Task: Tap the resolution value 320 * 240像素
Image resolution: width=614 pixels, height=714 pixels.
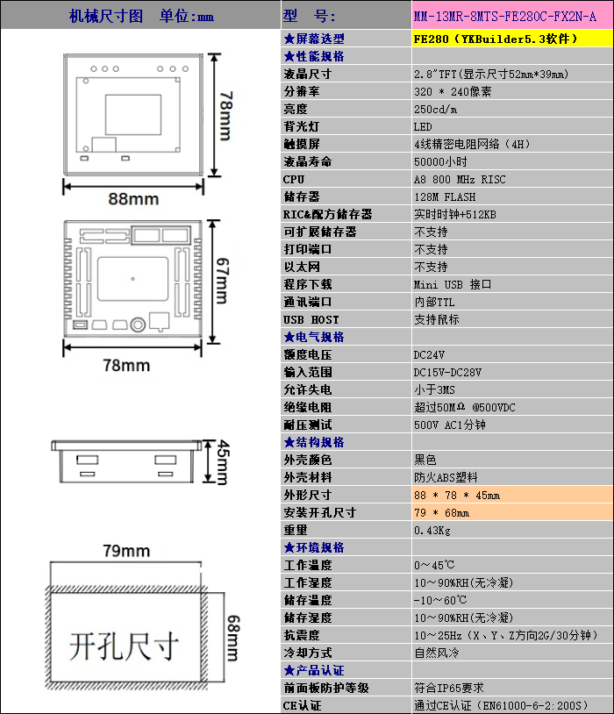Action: click(x=453, y=91)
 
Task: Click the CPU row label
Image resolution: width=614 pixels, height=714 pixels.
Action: click(x=294, y=179)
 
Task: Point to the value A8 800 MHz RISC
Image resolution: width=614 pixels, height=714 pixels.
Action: click(x=459, y=179)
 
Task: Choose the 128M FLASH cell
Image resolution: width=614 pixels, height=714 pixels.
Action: click(x=445, y=196)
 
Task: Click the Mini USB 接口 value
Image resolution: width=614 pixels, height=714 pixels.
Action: click(x=453, y=284)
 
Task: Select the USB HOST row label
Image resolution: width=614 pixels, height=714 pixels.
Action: click(x=311, y=319)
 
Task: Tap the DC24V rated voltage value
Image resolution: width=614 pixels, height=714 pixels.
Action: click(x=429, y=354)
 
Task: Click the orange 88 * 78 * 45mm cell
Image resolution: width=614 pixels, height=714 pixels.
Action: click(x=457, y=495)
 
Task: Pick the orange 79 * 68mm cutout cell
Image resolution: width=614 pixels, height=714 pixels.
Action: click(x=441, y=512)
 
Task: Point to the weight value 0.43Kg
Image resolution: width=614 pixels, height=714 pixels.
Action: click(x=432, y=530)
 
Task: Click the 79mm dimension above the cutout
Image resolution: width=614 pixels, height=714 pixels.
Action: click(x=125, y=551)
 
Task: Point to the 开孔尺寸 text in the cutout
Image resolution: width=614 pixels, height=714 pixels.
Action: click(x=125, y=646)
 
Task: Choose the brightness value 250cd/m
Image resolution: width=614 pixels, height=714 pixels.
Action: click(x=436, y=109)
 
